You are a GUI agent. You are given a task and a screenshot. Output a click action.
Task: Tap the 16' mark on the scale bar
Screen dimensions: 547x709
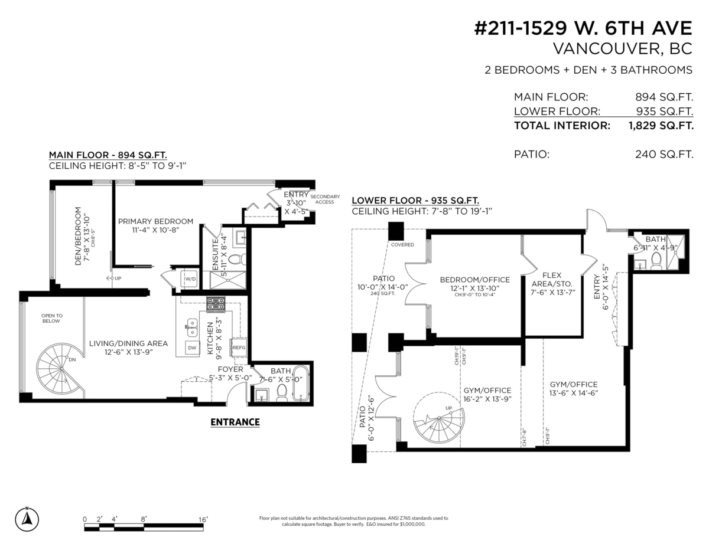coord(203,520)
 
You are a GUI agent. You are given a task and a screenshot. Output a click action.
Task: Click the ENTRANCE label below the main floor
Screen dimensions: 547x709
coord(235,422)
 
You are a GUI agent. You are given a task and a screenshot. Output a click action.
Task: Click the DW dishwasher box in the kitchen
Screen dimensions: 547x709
coord(192,348)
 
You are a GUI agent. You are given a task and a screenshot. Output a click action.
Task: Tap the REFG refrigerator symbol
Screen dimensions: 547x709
coord(239,348)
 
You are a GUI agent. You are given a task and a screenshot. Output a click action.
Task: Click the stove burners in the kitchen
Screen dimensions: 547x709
coord(215,304)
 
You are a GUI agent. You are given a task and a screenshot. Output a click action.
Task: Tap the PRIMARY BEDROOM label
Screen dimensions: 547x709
coord(155,221)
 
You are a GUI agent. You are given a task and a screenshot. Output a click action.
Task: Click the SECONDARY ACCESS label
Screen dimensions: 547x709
coord(325,199)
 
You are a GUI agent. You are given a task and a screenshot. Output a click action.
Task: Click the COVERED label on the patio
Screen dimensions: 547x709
coord(402,244)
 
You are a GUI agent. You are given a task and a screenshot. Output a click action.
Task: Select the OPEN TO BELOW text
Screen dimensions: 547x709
coord(51,319)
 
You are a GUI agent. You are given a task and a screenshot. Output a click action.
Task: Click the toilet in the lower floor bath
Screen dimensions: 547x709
coord(656,264)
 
